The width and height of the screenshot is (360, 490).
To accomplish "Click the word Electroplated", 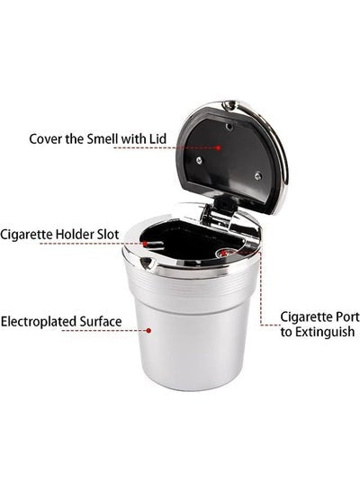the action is (39, 322).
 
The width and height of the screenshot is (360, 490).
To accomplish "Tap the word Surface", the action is (101, 322).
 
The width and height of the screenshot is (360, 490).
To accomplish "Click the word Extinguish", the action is (325, 332).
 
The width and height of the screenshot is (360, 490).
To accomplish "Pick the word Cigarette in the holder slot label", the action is (26, 235).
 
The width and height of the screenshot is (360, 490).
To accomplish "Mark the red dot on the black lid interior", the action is (219, 147).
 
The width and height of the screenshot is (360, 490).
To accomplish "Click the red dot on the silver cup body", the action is (148, 330).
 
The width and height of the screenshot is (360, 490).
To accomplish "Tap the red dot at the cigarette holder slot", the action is (145, 244).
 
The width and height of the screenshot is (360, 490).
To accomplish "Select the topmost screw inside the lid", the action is (229, 126).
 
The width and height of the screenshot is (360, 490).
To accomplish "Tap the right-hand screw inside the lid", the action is (257, 176).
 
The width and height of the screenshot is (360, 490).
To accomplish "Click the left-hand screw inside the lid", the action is (199, 160).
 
